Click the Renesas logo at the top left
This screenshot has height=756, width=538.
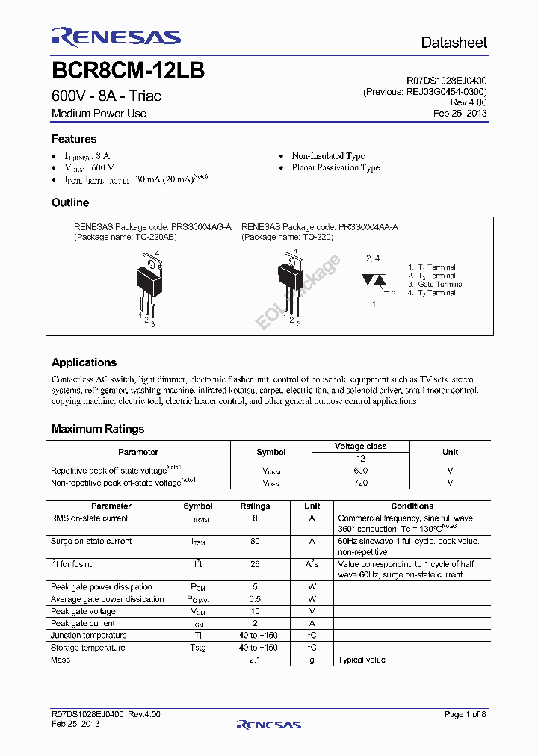116,37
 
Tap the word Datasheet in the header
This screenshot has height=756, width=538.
454,43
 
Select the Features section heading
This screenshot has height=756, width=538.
74,139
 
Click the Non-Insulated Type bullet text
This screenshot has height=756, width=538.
328,156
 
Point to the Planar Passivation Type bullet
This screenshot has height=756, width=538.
336,168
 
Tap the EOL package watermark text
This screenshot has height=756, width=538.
298,292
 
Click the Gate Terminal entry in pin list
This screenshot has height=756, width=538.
436,284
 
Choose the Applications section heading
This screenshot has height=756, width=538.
84,362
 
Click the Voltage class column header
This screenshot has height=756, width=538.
360,446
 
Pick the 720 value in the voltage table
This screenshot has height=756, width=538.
360,483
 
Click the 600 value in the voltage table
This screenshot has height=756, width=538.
360,471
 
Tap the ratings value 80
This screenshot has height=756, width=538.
255,541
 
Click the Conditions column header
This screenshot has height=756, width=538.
412,506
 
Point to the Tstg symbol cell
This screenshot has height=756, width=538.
198,648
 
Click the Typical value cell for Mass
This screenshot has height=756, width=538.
362,660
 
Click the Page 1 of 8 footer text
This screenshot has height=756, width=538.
466,714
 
